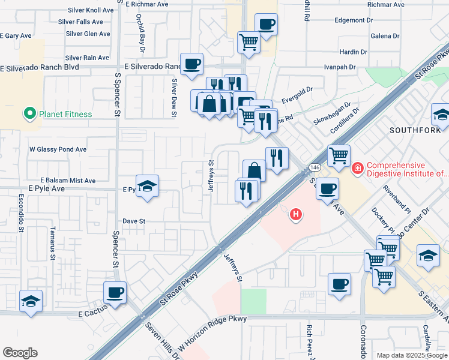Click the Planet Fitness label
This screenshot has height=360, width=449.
pos(65,114)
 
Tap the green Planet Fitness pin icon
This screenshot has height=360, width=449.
pos(29,113)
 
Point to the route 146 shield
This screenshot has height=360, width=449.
pos(315,166)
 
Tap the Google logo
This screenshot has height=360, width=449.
pos(20,352)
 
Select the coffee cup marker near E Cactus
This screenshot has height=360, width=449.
pos(115,293)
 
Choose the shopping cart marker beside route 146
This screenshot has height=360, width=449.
pos(339,156)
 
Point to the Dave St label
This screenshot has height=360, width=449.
pos(134,221)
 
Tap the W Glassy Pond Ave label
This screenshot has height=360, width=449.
pos(58,149)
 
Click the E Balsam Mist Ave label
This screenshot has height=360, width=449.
pos(68,180)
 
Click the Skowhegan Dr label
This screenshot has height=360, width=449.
pos(331,113)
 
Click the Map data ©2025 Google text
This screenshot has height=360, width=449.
pos(411,355)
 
